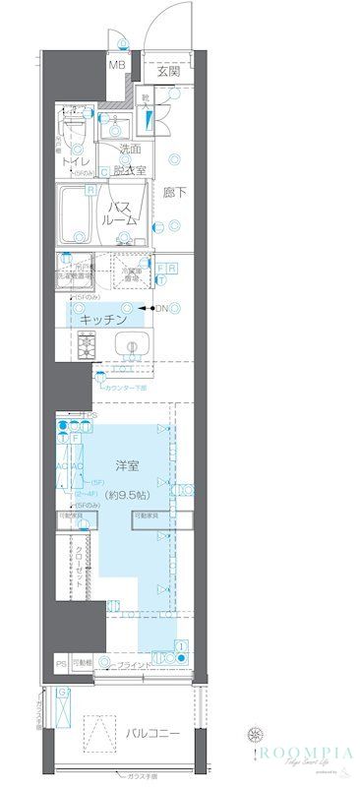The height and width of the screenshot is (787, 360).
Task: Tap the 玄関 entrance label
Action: [x=168, y=71]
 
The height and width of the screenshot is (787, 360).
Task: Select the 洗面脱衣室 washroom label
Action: [x=131, y=159]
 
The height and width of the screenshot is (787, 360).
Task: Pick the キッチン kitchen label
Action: [x=104, y=320]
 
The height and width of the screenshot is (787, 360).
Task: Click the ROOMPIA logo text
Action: [x=304, y=751]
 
